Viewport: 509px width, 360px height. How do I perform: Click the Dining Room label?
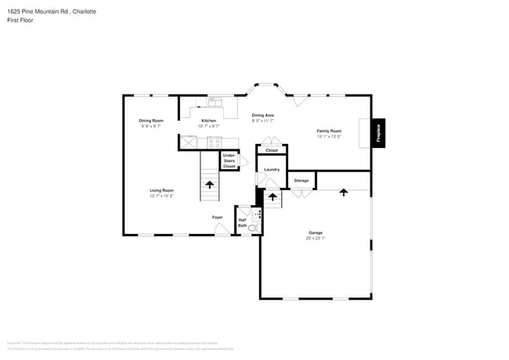tap(151, 121)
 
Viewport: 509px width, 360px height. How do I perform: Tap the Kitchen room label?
tap(208, 121)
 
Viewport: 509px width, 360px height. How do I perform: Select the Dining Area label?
tap(262, 115)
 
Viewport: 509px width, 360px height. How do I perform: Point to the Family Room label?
tap(329, 131)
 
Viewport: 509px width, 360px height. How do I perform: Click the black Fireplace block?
tap(377, 133)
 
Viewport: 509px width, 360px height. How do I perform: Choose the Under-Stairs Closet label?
tap(229, 160)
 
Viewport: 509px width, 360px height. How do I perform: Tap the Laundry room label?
tap(272, 169)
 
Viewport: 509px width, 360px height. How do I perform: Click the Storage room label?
tap(301, 181)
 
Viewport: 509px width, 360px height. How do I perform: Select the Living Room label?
tap(162, 190)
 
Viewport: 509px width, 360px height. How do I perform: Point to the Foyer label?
tap(217, 217)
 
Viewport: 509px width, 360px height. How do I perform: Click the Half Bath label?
tap(243, 223)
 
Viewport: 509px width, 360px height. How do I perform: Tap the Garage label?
tap(316, 232)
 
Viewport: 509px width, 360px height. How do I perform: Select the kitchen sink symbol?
tap(215, 102)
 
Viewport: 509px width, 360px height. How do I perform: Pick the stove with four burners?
tap(214, 142)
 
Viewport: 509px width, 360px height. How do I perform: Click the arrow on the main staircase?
tap(210, 185)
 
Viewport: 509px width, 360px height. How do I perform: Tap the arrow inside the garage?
tap(343, 192)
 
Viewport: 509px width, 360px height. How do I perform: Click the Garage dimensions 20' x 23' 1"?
tap(316, 238)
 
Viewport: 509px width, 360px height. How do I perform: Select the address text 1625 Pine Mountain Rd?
tap(35, 12)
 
